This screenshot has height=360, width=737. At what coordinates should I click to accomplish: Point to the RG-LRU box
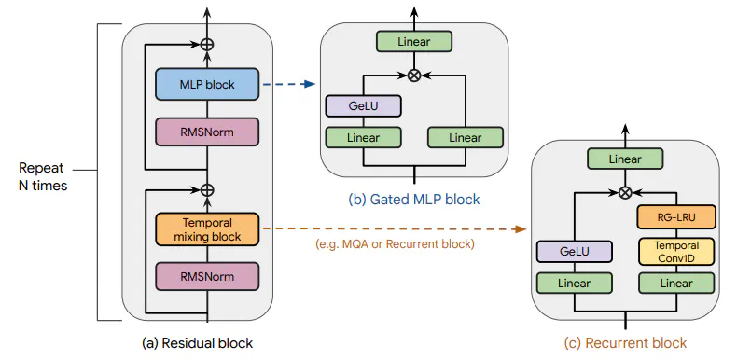click(x=675, y=218)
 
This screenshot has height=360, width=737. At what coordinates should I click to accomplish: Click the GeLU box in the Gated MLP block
click(x=363, y=105)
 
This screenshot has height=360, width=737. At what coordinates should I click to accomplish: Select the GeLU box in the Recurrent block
click(x=574, y=251)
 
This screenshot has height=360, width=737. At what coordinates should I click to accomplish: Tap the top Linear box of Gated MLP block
click(x=414, y=41)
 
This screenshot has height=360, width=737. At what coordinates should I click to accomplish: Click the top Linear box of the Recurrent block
click(x=625, y=159)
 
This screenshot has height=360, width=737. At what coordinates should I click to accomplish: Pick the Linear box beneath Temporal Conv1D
click(x=675, y=282)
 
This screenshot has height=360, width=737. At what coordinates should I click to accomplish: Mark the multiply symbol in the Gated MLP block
click(x=414, y=73)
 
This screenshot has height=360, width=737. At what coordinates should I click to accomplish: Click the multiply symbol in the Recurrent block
click(x=625, y=192)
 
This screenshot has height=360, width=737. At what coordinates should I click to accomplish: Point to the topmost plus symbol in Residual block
click(x=206, y=44)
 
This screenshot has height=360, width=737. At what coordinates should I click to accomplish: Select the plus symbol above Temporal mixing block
click(x=206, y=189)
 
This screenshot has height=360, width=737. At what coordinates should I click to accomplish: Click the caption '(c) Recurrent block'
click(x=624, y=342)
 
